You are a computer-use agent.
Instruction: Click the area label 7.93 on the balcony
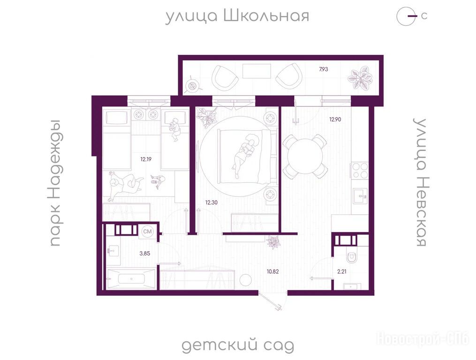click(x=323, y=69)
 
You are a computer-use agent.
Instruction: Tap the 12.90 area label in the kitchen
click(x=335, y=119)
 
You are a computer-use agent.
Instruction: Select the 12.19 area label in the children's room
click(x=146, y=159)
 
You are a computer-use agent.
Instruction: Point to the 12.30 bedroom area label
click(x=212, y=202)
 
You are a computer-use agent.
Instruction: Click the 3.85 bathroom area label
click(x=145, y=253)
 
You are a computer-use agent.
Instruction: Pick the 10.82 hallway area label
click(x=272, y=272)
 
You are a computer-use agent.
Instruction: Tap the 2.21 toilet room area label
click(x=342, y=272)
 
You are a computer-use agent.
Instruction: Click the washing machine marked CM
click(x=148, y=232)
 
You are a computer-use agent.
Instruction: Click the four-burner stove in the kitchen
click(x=359, y=171)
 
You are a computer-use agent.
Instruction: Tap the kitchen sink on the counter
click(x=360, y=196)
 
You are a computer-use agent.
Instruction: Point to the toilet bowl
click(x=352, y=257)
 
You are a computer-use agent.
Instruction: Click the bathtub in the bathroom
click(x=131, y=278)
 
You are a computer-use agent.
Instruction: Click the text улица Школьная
click(x=237, y=16)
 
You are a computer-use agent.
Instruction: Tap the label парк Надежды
click(x=55, y=183)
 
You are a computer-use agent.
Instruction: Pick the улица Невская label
click(x=420, y=182)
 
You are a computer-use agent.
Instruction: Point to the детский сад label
click(x=238, y=345)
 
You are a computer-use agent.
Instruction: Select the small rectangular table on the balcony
click(x=257, y=72)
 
